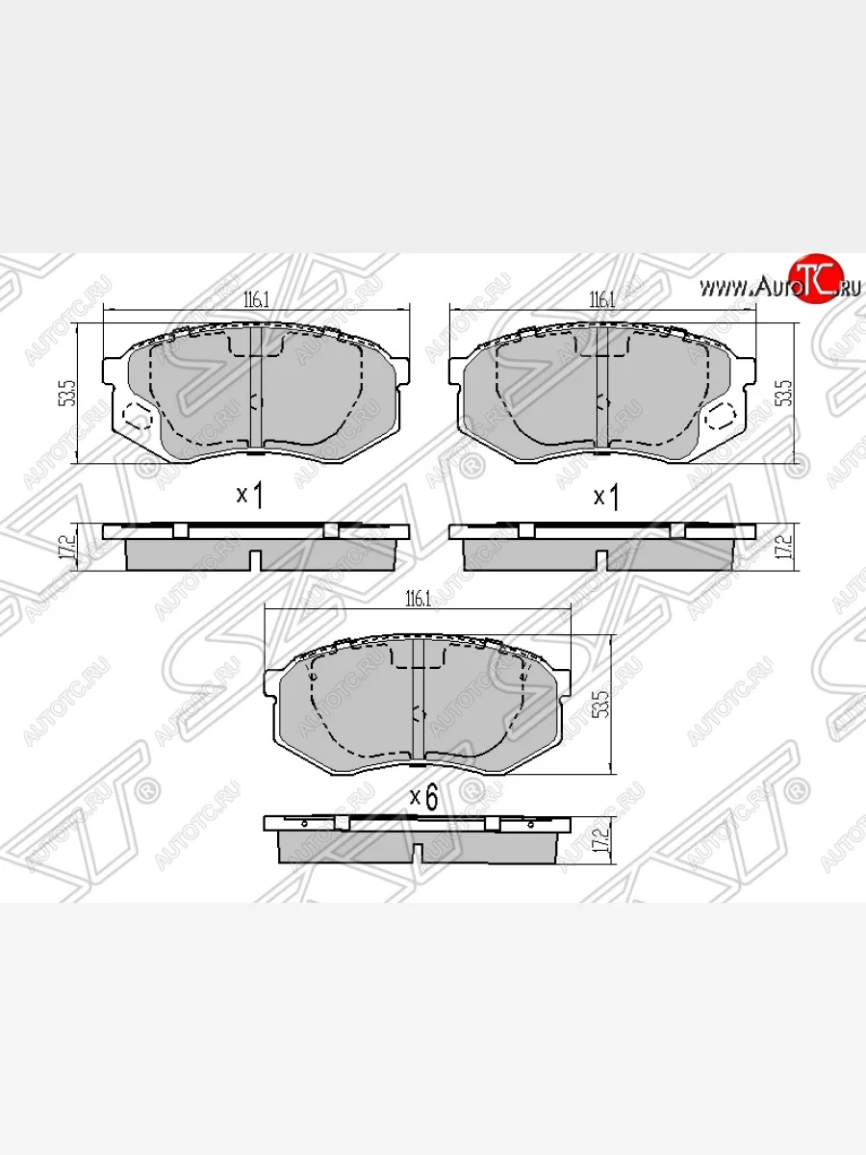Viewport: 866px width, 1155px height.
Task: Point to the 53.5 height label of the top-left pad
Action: point(66,395)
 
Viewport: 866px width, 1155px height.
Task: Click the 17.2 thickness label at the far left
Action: point(66,546)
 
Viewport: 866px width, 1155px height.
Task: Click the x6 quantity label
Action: point(424,797)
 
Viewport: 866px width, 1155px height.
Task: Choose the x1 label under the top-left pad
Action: point(250,496)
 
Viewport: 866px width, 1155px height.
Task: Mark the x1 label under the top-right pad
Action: point(605,498)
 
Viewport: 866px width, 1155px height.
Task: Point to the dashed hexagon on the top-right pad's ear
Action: point(719,416)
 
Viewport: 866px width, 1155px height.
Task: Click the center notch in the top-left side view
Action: point(255,559)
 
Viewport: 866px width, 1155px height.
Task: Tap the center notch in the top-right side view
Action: point(601,559)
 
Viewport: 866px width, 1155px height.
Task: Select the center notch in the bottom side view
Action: point(417,853)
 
